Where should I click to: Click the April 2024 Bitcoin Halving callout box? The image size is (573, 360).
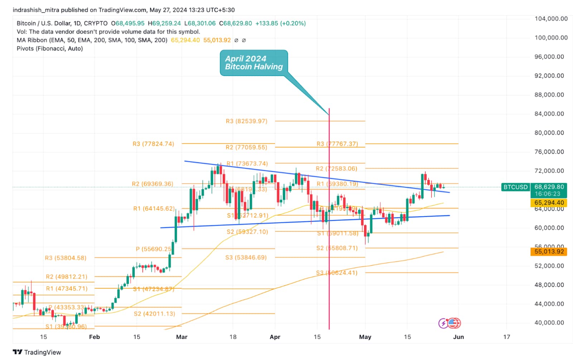tap(254, 63)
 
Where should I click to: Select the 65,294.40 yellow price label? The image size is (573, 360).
tap(549, 203)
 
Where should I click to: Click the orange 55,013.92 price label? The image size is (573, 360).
tap(549, 251)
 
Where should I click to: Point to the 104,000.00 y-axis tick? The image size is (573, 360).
tap(551, 19)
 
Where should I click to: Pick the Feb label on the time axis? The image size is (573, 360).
tap(94, 337)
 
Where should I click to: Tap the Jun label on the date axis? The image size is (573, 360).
tap(458, 337)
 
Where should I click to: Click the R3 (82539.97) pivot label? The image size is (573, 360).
tap(246, 121)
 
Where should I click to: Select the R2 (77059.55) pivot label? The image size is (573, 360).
tap(246, 147)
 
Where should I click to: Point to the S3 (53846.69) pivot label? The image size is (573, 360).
tap(246, 258)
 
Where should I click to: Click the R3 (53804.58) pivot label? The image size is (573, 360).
tap(66, 258)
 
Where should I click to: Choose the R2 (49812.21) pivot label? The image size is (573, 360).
tap(66, 277)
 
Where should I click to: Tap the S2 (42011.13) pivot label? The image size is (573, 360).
tap(154, 314)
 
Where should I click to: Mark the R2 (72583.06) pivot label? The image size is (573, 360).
tap(336, 168)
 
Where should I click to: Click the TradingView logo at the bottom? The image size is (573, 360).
tap(37, 352)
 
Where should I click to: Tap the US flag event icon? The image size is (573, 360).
tap(454, 323)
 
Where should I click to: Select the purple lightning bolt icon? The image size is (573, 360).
tap(443, 323)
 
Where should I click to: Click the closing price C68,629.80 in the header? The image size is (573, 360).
tap(237, 23)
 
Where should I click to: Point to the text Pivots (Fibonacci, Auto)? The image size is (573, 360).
tap(50, 48)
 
